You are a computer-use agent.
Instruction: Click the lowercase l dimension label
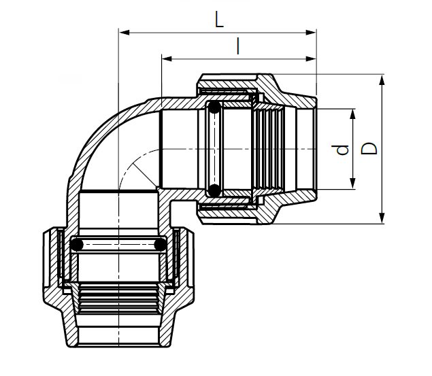coord(237,46)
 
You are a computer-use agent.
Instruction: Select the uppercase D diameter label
coord(369,149)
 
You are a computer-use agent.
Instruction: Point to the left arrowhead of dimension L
coord(123,31)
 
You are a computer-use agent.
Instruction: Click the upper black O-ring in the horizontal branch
coord(214,107)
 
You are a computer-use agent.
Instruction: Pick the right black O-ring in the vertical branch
coord(160,243)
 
